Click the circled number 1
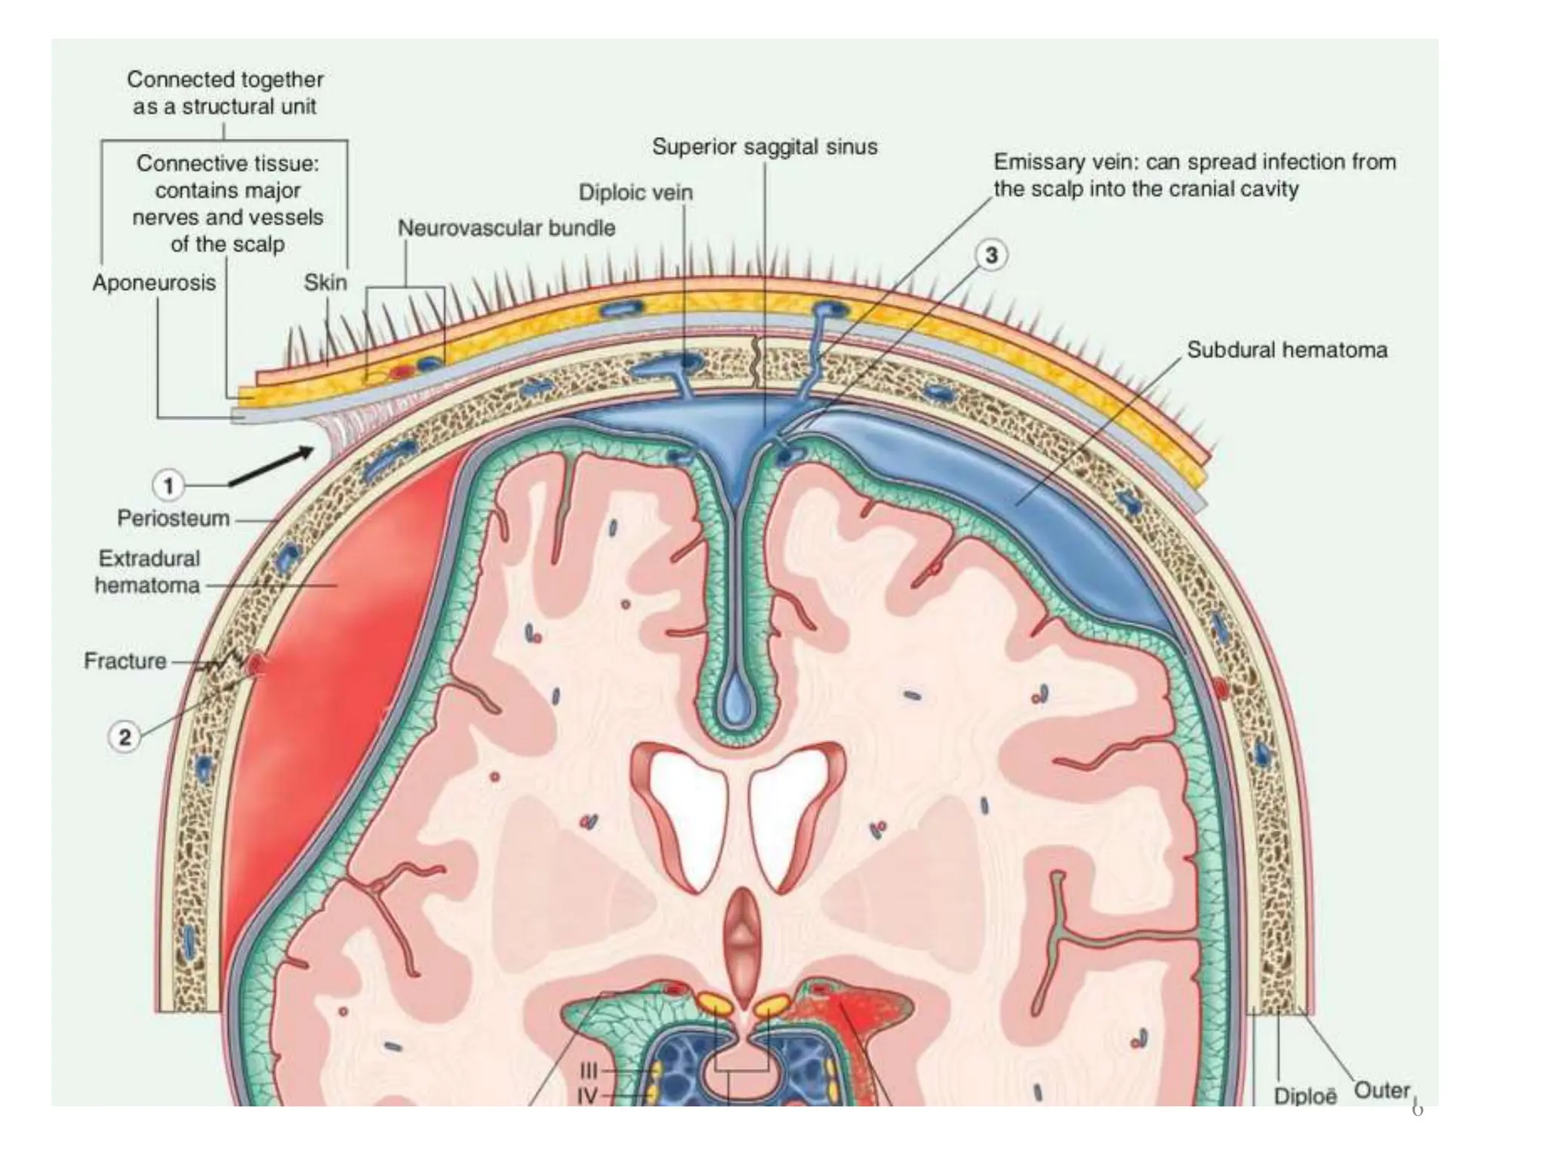[168, 485]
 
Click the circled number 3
[991, 255]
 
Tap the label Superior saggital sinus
[765, 147]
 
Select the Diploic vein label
[635, 193]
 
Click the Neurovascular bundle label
[507, 228]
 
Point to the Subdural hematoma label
[1286, 350]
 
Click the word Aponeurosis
[154, 282]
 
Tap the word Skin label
[325, 282]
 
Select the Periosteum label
[173, 519]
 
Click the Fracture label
[125, 661]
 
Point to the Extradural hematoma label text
[148, 572]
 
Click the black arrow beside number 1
[272, 467]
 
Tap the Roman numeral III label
[589, 1071]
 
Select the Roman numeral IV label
[588, 1096]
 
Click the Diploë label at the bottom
[1304, 1096]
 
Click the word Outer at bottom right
[1381, 1091]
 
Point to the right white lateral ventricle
[789, 816]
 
